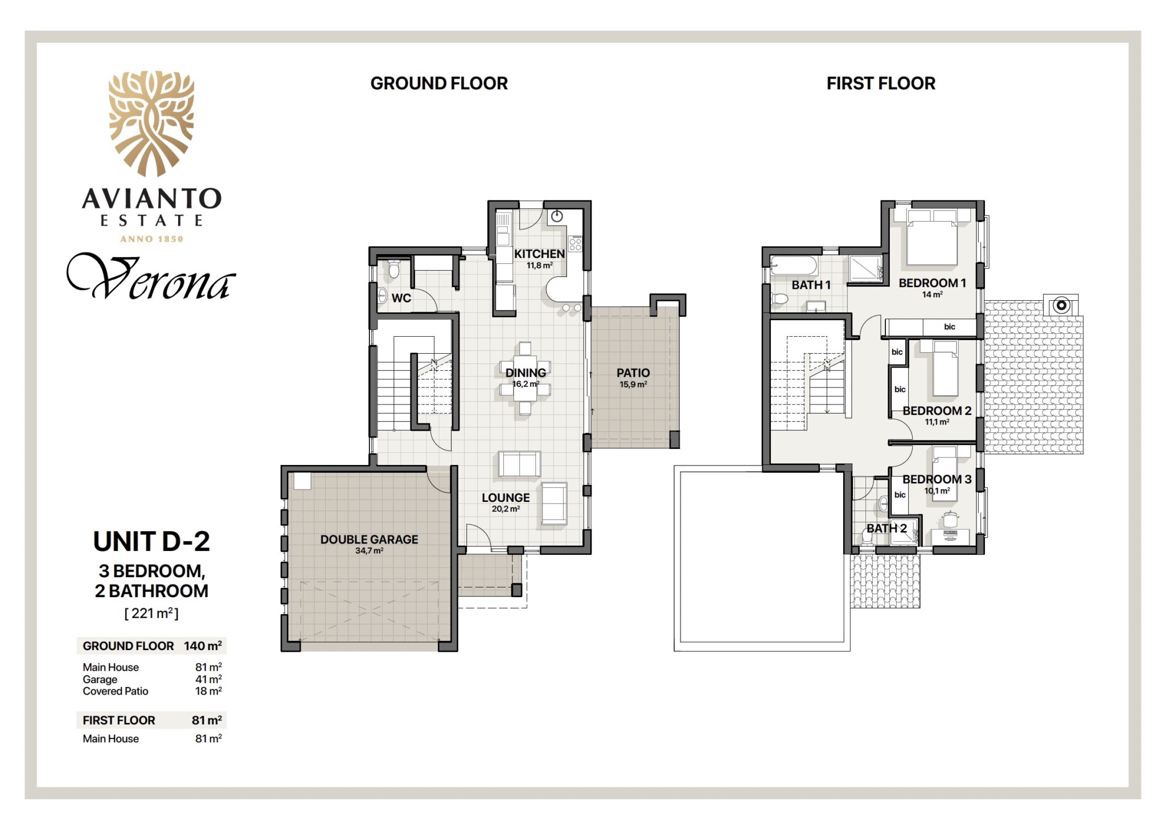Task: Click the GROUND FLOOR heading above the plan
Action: click(x=439, y=84)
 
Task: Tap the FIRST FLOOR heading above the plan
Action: click(x=881, y=84)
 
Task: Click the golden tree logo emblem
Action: click(x=151, y=123)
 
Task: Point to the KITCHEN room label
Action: click(x=539, y=254)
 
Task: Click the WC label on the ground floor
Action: click(x=401, y=298)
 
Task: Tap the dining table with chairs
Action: click(x=525, y=378)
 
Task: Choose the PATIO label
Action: click(x=633, y=373)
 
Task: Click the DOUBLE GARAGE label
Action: click(x=369, y=540)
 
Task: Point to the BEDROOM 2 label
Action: click(x=937, y=411)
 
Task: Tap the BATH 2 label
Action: click(x=886, y=529)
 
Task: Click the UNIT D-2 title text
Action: click(x=151, y=542)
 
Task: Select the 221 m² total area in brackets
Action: click(x=151, y=614)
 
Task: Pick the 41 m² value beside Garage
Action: click(x=208, y=679)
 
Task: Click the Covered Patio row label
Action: click(x=116, y=691)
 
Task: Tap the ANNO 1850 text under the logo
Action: click(x=151, y=239)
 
